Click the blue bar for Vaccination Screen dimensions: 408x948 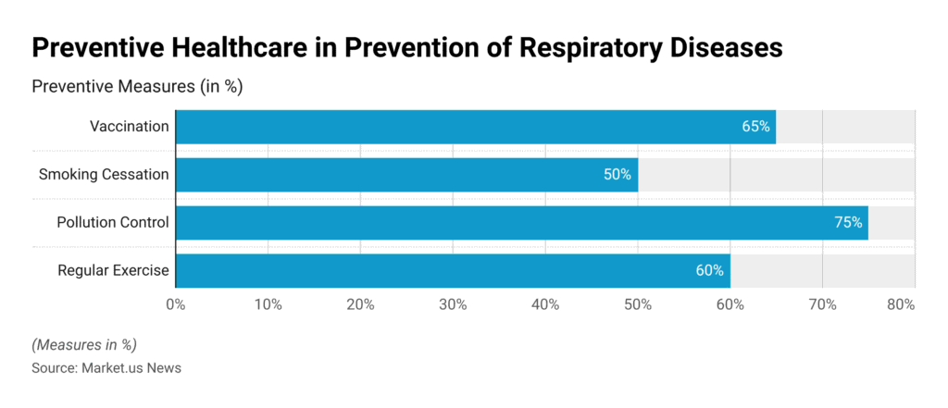(x=463, y=127)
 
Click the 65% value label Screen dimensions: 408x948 (x=755, y=127)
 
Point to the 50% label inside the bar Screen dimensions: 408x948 (x=617, y=174)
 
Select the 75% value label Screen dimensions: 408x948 (x=848, y=223)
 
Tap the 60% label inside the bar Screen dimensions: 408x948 (x=709, y=271)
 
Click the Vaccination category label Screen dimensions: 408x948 (x=129, y=127)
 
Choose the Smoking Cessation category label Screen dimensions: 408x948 (x=104, y=174)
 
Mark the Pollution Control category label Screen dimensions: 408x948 (x=113, y=223)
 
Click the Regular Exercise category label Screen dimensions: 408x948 (x=113, y=271)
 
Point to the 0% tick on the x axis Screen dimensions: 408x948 (x=176, y=304)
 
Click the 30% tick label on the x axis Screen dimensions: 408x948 (x=453, y=304)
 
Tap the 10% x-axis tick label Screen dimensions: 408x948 (x=268, y=304)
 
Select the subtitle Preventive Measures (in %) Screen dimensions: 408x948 (x=137, y=87)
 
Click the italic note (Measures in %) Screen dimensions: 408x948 (x=84, y=344)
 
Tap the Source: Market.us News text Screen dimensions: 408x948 (x=106, y=367)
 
